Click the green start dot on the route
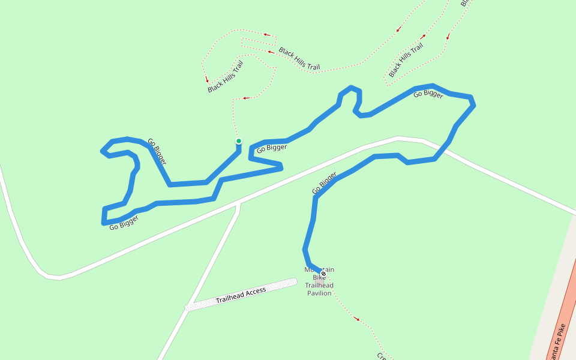pyautogui.click(x=239, y=142)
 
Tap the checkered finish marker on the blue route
pyautogui.click(x=323, y=274)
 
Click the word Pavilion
pyautogui.click(x=319, y=293)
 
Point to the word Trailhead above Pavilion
pyautogui.click(x=319, y=286)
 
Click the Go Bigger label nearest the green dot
pyautogui.click(x=272, y=148)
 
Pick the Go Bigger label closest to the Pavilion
pyautogui.click(x=324, y=183)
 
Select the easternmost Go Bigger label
pyautogui.click(x=429, y=94)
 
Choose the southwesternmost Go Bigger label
pyautogui.click(x=124, y=223)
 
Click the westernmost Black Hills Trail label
pyautogui.click(x=226, y=77)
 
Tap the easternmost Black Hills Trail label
pyautogui.click(x=410, y=60)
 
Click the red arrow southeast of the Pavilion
pyautogui.click(x=357, y=319)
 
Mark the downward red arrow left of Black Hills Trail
pyautogui.click(x=207, y=79)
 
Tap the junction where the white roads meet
pyautogui.click(x=239, y=204)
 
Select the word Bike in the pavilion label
pyautogui.click(x=319, y=278)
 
